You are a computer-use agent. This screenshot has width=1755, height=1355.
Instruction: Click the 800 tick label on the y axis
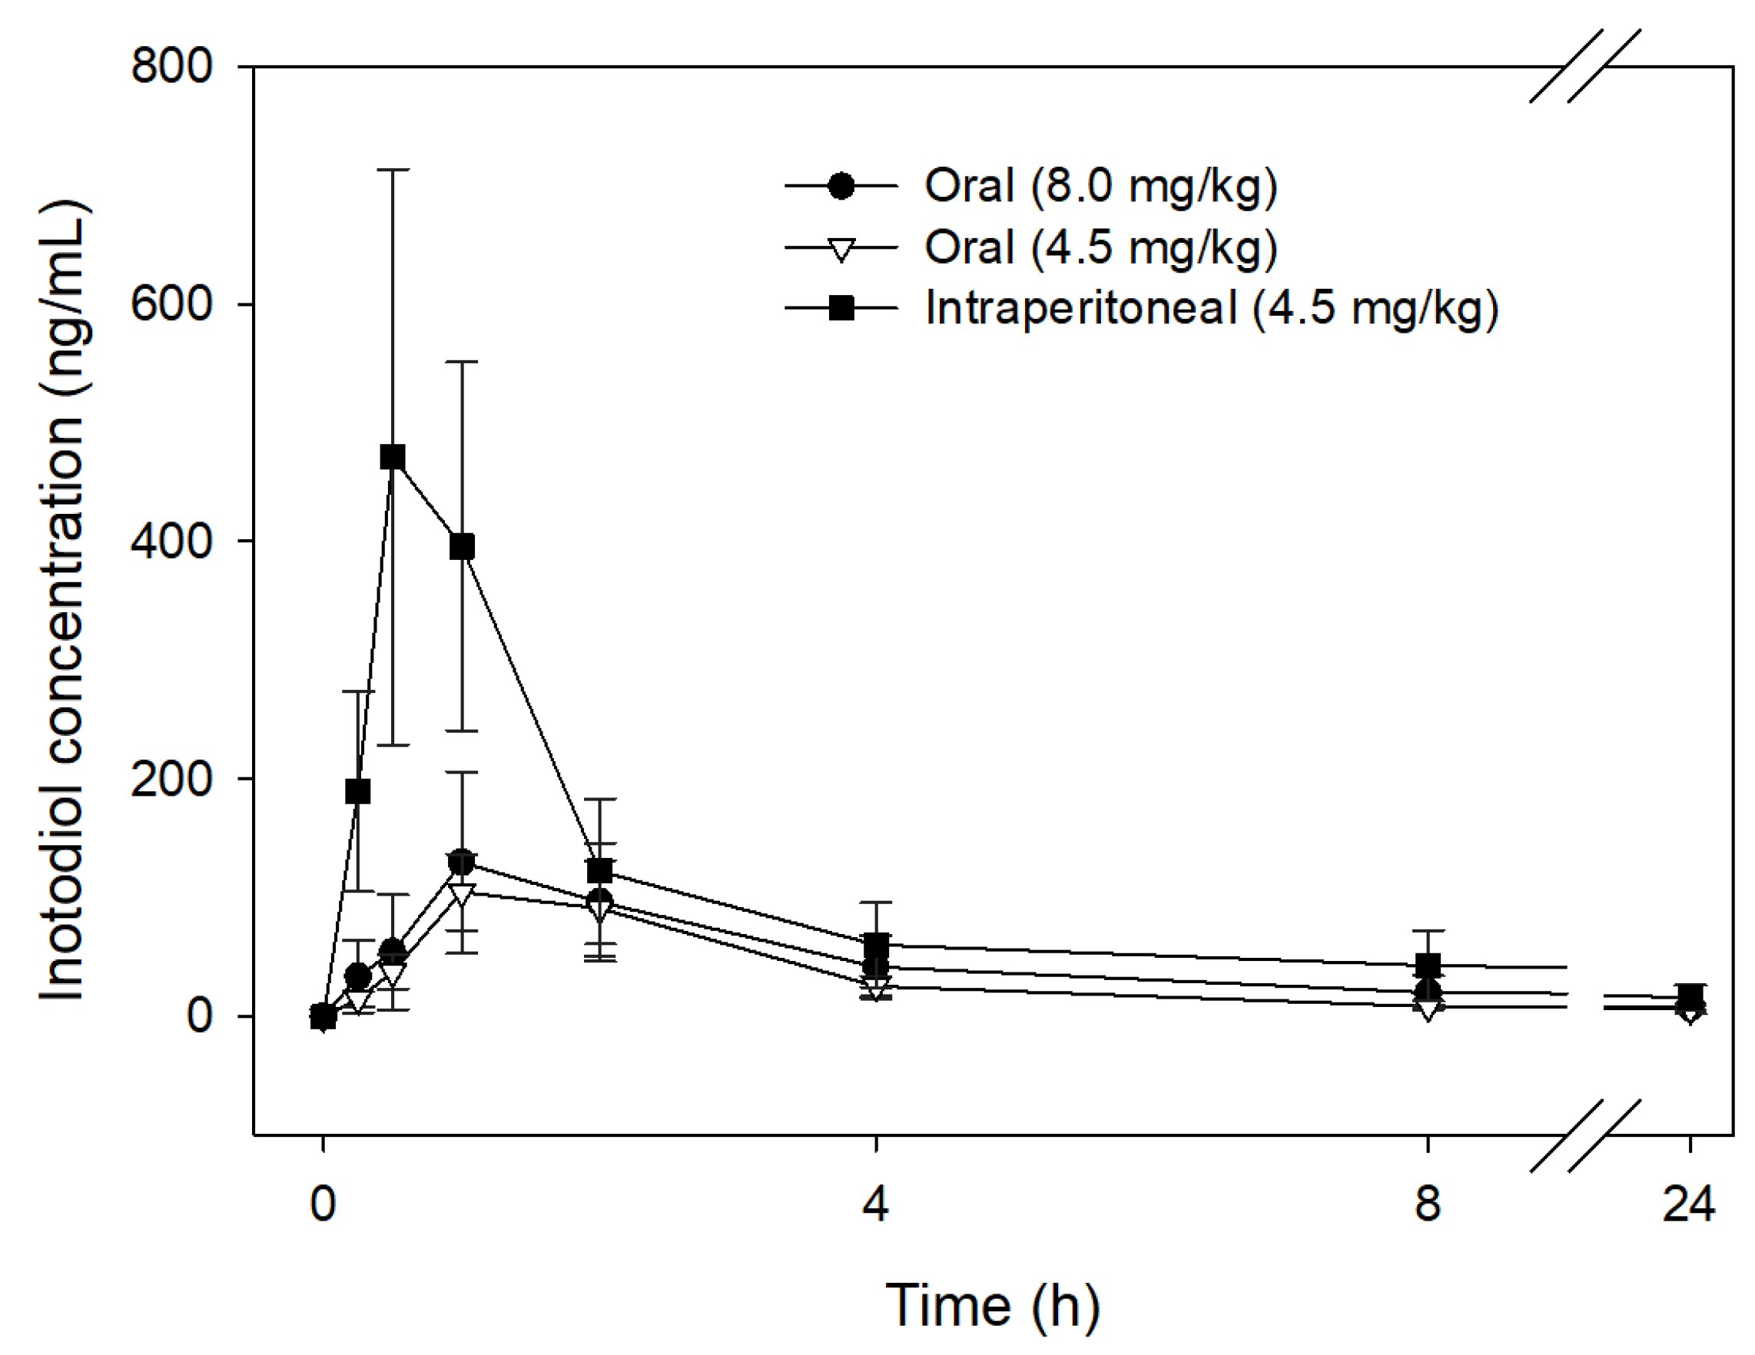click(x=171, y=66)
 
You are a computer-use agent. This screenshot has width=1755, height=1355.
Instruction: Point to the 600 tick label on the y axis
click(x=171, y=303)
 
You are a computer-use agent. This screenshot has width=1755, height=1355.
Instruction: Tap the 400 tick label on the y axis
click(x=171, y=542)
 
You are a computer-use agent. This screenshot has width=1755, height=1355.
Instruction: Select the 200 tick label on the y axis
click(x=171, y=778)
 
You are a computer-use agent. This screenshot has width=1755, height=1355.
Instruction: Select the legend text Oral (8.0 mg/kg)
click(x=1100, y=186)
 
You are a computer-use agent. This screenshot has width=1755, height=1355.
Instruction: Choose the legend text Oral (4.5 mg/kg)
click(x=1100, y=247)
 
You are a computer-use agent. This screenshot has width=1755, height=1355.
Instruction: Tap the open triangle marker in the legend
click(x=841, y=250)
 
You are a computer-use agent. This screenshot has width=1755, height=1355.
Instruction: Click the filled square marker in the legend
click(x=841, y=307)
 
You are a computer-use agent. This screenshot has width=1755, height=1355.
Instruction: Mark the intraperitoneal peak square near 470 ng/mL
click(x=392, y=457)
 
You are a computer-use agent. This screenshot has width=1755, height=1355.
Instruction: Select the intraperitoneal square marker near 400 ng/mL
click(x=462, y=547)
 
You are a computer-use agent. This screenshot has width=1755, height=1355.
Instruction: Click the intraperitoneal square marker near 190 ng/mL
click(x=357, y=791)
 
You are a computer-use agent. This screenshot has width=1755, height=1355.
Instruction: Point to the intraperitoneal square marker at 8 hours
click(x=1427, y=966)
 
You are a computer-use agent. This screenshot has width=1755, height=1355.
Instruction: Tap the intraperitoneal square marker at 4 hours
click(x=875, y=944)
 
